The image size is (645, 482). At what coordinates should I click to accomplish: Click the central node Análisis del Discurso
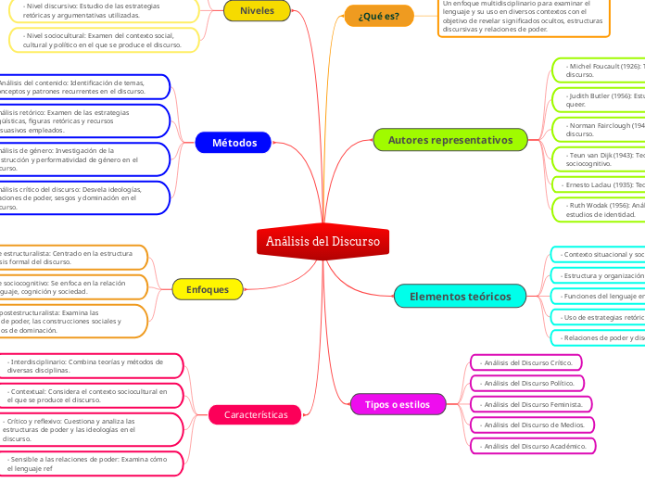click(322, 242)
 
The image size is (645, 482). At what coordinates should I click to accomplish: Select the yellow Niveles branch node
click(257, 11)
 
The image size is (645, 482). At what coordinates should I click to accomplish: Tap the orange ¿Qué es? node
click(378, 16)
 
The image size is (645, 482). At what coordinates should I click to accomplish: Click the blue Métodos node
click(234, 143)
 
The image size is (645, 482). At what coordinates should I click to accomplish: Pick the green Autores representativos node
click(449, 140)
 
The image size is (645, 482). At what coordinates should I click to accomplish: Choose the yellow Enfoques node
click(208, 289)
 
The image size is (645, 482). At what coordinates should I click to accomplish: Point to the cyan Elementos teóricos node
click(460, 297)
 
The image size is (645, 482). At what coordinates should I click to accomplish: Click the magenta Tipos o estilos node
click(398, 405)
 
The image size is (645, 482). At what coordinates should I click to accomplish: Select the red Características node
click(256, 414)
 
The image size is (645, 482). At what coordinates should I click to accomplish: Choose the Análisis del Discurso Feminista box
click(532, 404)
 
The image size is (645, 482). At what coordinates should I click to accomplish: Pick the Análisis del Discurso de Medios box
click(532, 425)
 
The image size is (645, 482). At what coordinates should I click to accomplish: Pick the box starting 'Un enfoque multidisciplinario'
click(524, 17)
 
